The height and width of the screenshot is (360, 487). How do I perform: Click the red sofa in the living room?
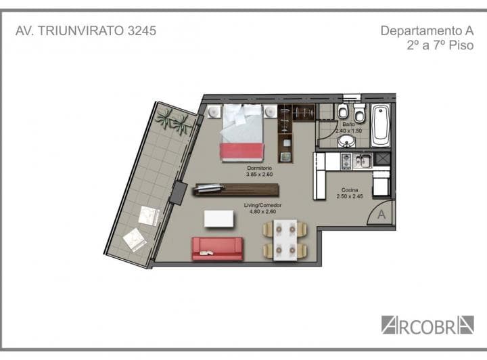coord(216,248)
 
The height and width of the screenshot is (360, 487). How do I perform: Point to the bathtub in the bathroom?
coord(380,125)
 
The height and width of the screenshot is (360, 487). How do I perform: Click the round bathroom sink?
coord(347,141)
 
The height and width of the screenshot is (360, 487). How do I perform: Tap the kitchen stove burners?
coord(346,161)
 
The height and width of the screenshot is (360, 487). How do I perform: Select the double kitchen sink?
coord(363,161)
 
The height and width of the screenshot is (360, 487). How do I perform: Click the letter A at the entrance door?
coord(381,215)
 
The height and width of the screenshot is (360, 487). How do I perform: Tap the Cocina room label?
coord(350,191)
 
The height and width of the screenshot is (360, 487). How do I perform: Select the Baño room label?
coord(348,125)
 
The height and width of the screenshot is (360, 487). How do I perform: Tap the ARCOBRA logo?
coord(427,324)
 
